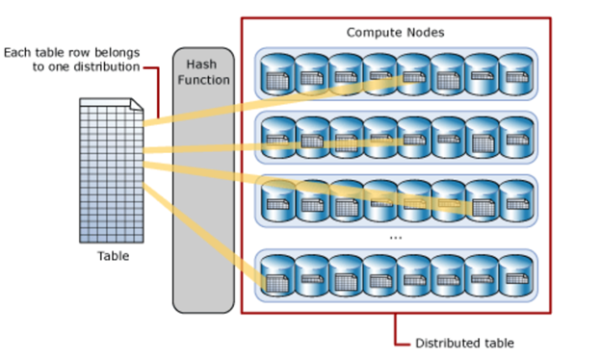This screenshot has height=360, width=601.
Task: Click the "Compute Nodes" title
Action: [x=395, y=33]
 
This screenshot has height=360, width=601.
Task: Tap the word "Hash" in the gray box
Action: [x=202, y=64]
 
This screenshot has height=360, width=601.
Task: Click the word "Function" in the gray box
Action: [x=202, y=80]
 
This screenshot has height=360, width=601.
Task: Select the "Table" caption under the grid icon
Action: [x=113, y=256]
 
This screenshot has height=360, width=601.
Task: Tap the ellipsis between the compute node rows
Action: [x=395, y=236]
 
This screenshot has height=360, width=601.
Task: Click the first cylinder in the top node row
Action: [x=277, y=73]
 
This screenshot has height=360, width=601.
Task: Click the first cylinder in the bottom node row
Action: [x=277, y=276]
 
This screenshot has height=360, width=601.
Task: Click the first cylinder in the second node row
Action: [x=277, y=138]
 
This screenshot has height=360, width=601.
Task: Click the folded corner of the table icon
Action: [x=139, y=104]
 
